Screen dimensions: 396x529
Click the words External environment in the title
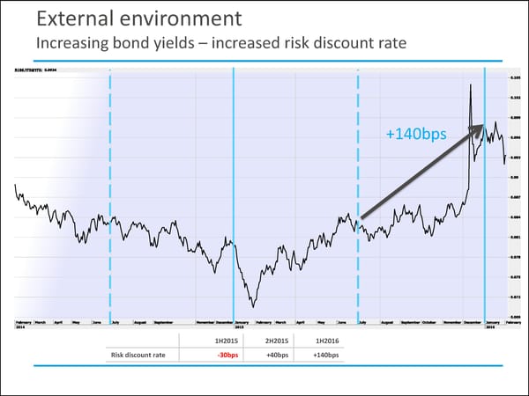click(128, 18)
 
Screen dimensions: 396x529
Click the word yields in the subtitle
click(193, 42)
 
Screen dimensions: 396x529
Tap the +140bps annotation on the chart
click(416, 135)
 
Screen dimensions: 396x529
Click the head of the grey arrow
click(482, 127)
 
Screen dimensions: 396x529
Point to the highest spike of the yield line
click(471, 84)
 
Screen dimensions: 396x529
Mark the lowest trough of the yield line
click(253, 306)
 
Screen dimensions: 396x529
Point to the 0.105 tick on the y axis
click(514, 77)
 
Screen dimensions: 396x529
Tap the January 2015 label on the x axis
click(240, 324)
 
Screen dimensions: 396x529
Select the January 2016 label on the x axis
click(491, 324)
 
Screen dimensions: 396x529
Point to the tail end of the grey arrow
click(361, 217)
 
